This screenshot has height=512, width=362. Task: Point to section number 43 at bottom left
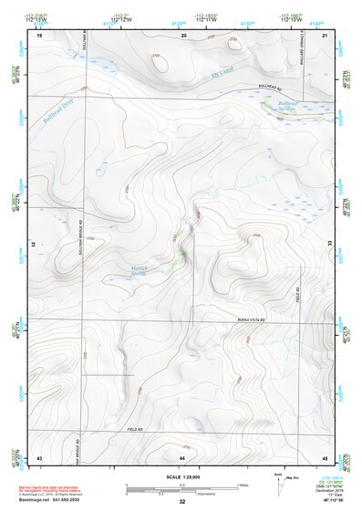coord(40,455)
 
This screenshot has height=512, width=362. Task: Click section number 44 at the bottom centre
coord(183,455)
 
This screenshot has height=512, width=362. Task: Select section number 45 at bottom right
coord(326,455)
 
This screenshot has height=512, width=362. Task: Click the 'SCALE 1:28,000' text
coord(182,477)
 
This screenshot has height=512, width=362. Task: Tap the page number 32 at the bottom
coord(182,502)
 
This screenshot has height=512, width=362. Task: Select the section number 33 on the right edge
coord(330,245)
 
